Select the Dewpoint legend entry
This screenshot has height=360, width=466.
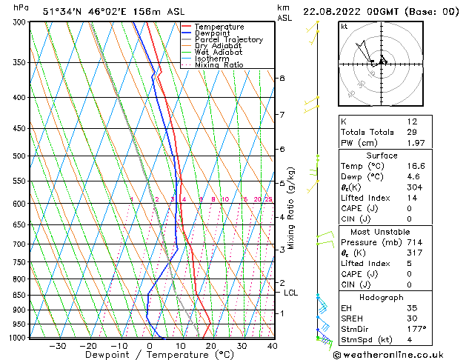click(213, 33)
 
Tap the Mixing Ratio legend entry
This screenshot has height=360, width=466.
click(219, 65)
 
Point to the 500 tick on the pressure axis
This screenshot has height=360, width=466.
click(21, 156)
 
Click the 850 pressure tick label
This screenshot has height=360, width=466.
click(21, 295)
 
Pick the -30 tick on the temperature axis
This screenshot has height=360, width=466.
click(58, 346)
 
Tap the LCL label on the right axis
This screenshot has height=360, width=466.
click(291, 293)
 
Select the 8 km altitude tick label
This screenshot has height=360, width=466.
click(282, 79)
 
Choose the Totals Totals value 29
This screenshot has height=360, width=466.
click(413, 132)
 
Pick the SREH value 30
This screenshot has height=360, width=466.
click(413, 318)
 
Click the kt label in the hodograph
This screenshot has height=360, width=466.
click(344, 27)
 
